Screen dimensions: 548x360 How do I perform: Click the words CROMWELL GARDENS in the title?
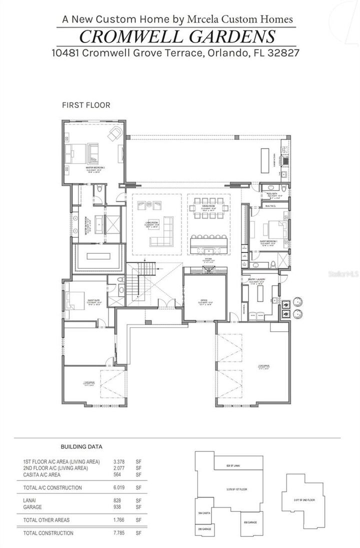click(177, 36)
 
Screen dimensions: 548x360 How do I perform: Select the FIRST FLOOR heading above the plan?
click(85, 105)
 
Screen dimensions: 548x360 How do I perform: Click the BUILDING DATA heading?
click(81, 446)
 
